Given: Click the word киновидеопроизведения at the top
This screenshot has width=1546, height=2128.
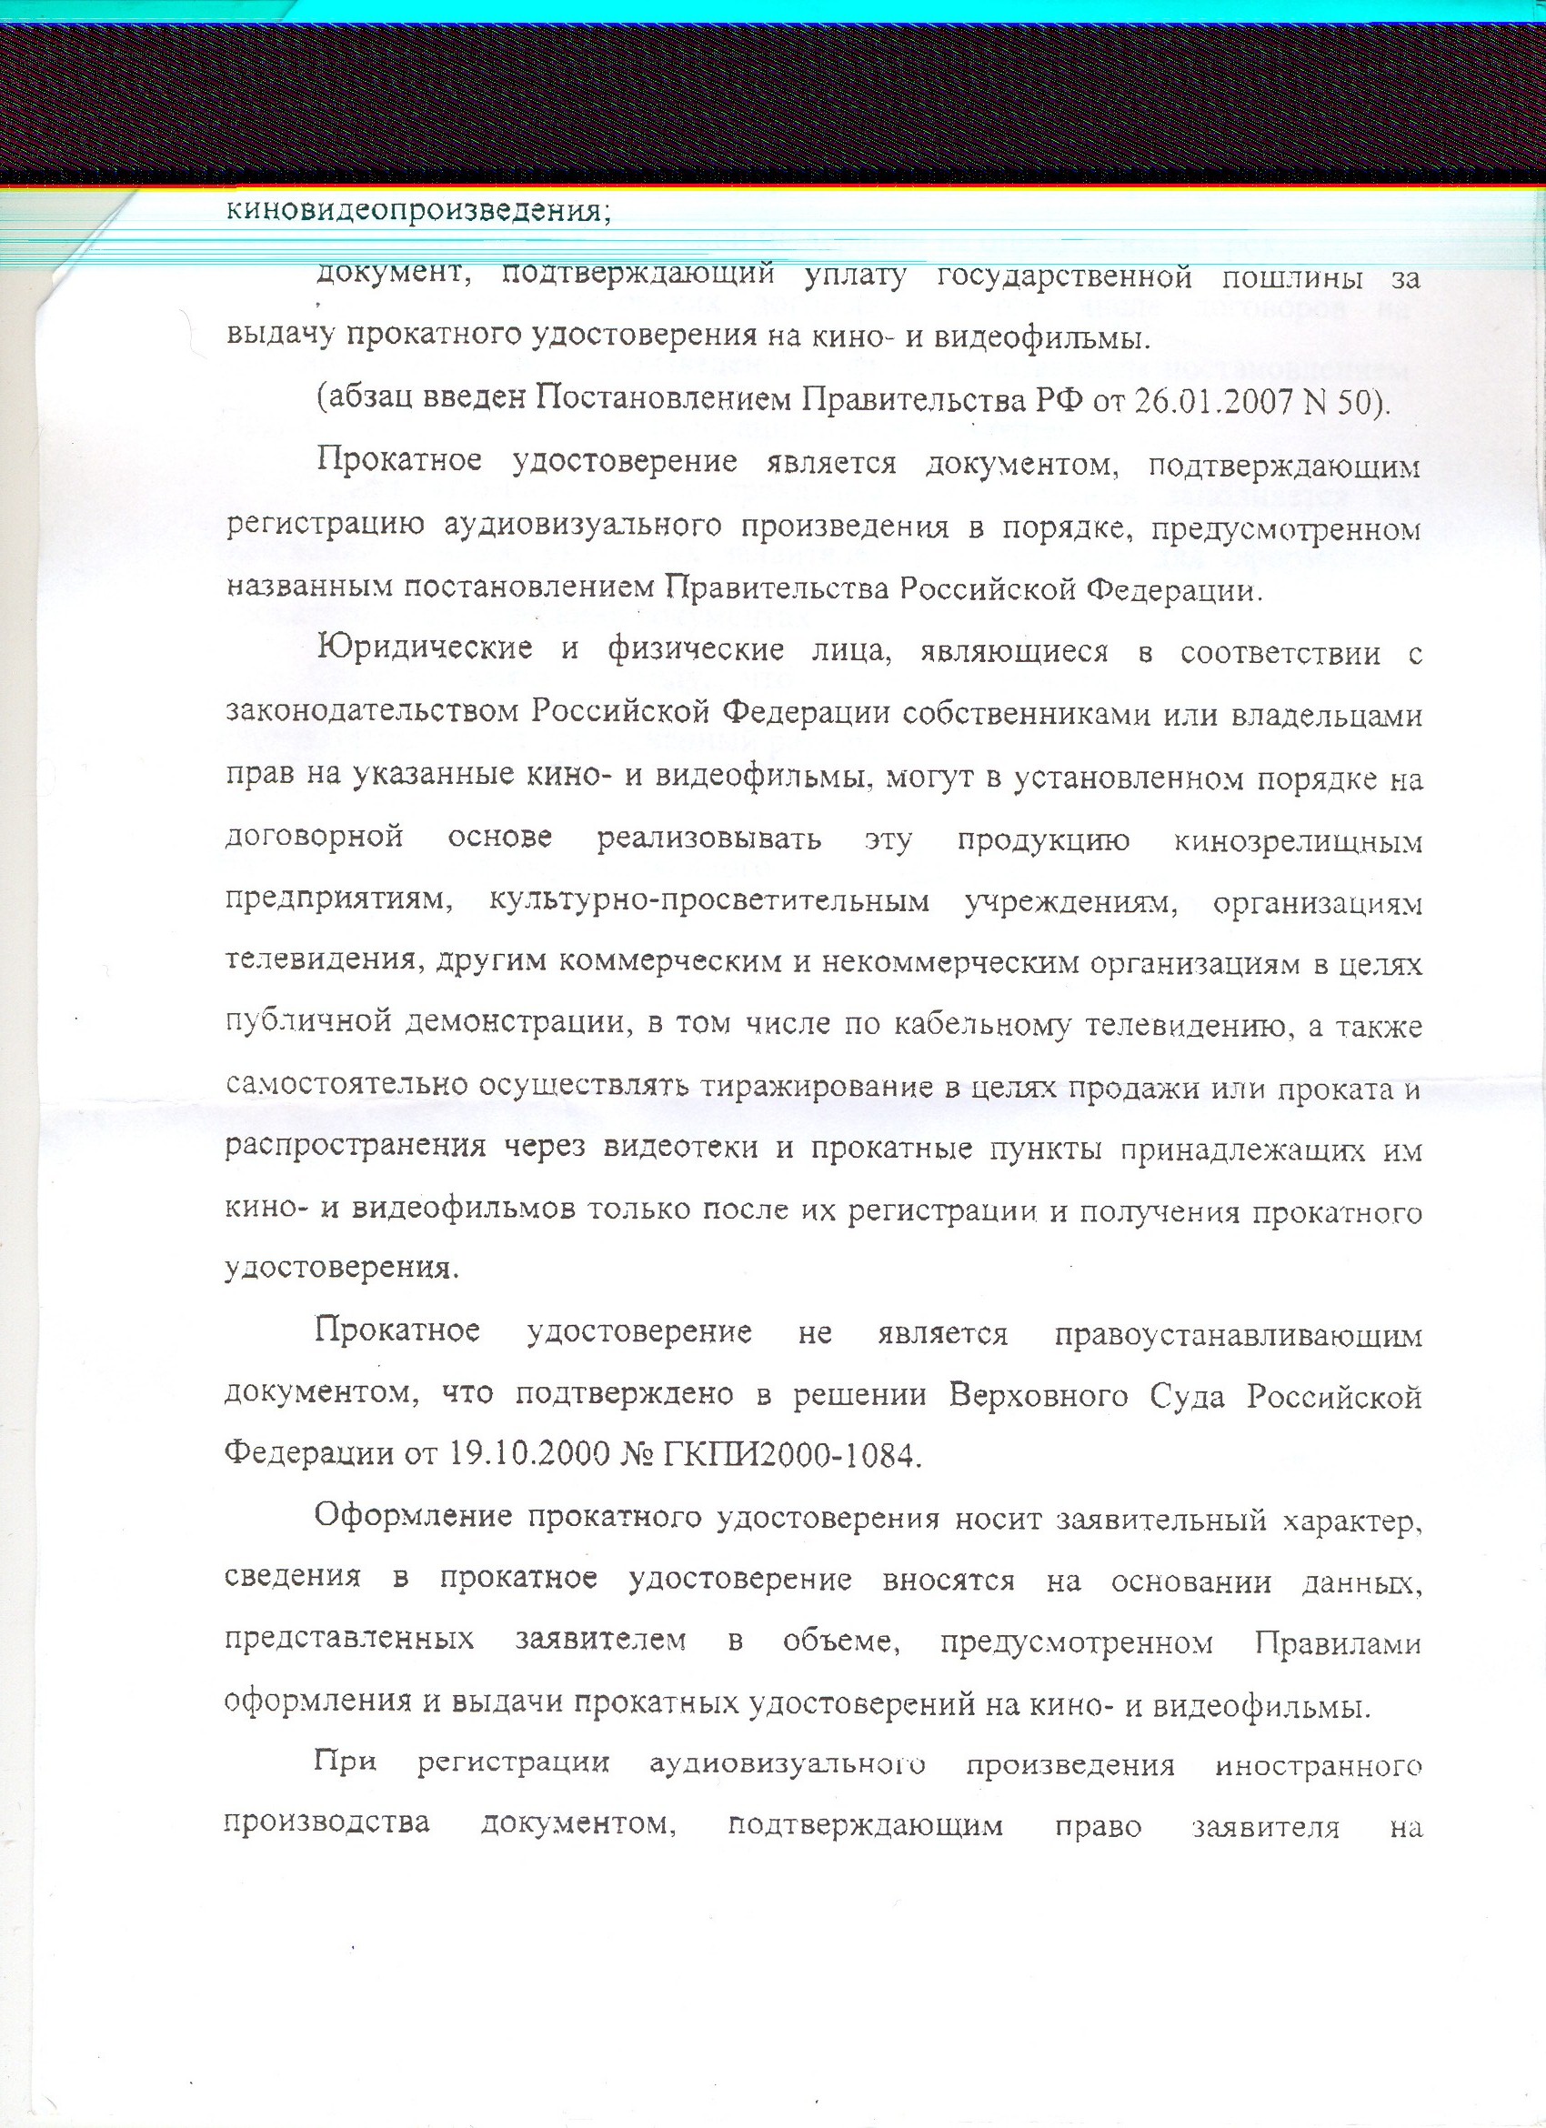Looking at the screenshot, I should point(418,211).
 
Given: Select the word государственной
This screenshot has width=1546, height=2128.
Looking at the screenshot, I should point(1065,277).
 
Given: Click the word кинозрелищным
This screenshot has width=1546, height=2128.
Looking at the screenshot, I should point(1298,841).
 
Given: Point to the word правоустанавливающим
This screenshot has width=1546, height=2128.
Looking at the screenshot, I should point(1239,1334).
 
